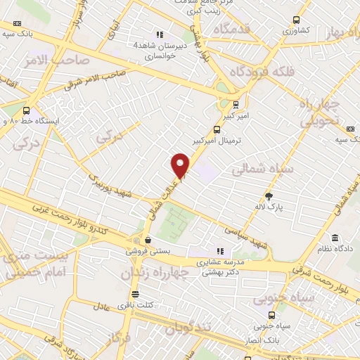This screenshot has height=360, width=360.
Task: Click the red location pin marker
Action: [x=181, y=165]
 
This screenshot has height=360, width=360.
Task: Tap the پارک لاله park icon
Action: [x=269, y=195]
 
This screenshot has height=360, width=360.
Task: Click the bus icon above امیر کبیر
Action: [x=236, y=104]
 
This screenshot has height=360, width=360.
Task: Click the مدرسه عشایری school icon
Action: [x=220, y=251]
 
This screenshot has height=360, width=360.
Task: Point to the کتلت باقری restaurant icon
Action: [x=135, y=294]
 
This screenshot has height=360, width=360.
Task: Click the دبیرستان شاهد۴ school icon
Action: [x=160, y=34]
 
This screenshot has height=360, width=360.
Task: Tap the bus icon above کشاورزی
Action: [x=296, y=20]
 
